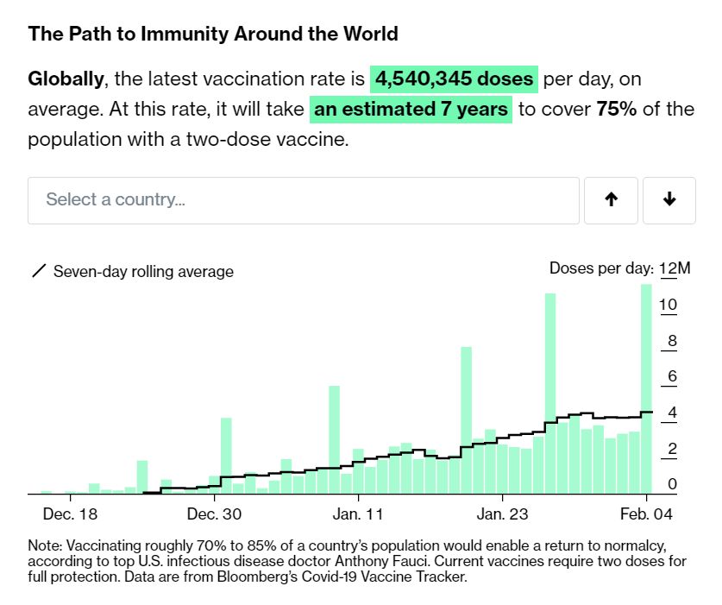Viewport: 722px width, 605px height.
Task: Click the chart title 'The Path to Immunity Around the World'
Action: coord(213,35)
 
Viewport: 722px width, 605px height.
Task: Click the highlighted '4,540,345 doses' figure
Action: coord(455,80)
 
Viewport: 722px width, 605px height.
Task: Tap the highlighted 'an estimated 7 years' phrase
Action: coord(411,110)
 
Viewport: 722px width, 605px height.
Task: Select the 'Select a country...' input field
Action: coord(303,200)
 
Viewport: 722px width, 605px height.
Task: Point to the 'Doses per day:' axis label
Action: coord(601,268)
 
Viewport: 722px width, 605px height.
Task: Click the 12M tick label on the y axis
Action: coord(675,268)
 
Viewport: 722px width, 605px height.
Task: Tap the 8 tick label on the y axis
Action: coord(672,342)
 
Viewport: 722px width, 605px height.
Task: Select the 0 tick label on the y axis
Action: coord(672,485)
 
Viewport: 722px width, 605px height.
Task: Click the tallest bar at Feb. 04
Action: coord(645,388)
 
